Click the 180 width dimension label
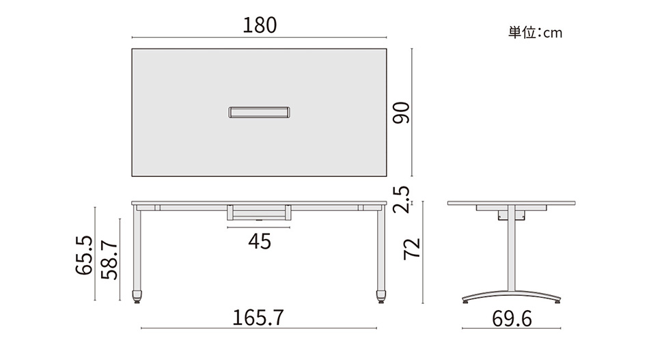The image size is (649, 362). pyautogui.click(x=260, y=25)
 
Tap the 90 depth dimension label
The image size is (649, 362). pyautogui.click(x=401, y=113)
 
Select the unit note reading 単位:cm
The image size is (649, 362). pyautogui.click(x=535, y=33)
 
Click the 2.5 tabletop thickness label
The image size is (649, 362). pyautogui.click(x=400, y=200)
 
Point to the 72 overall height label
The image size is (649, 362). pyautogui.click(x=412, y=249)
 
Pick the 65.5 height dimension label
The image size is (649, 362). pyautogui.click(x=84, y=255)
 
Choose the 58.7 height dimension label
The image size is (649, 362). pyautogui.click(x=109, y=260)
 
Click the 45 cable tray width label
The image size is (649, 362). pyautogui.click(x=260, y=242)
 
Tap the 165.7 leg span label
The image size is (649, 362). pyautogui.click(x=258, y=318)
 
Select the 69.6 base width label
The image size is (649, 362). pyautogui.click(x=512, y=319)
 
